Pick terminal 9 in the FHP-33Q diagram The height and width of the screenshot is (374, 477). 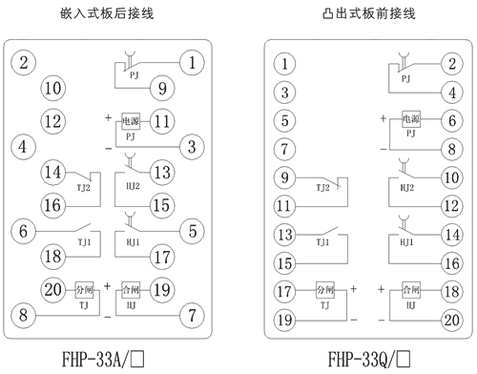(x=282, y=177)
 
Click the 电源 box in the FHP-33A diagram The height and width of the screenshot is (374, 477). (x=132, y=121)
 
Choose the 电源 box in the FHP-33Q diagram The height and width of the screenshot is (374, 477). (x=411, y=120)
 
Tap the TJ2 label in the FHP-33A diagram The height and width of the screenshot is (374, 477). (x=83, y=188)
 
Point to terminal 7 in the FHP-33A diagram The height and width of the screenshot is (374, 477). (x=192, y=313)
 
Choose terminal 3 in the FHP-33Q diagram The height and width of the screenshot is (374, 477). (x=282, y=93)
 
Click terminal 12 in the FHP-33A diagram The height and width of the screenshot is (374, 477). (x=52, y=121)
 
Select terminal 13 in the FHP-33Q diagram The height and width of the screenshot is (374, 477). (x=282, y=234)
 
